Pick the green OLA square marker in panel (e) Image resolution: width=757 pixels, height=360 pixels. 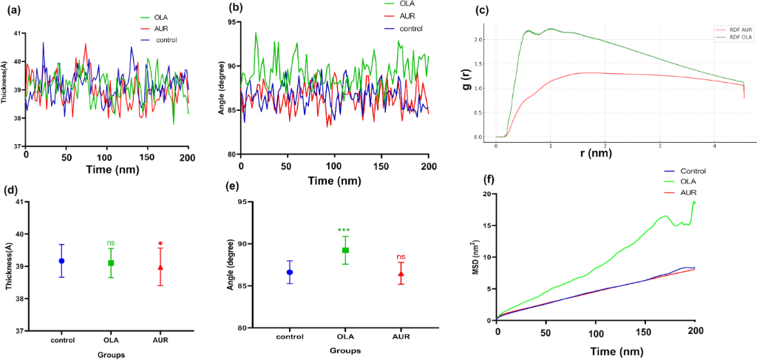344,251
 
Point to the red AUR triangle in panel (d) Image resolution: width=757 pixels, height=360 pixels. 161,268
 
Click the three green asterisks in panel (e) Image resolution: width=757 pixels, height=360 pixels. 344,230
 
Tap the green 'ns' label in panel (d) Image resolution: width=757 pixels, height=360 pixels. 111,242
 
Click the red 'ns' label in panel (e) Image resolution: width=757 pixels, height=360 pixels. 401,257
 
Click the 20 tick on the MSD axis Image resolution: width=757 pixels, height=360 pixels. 486,194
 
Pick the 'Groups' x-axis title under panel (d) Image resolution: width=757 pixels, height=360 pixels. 110,353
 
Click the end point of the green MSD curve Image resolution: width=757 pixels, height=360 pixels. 694,202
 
